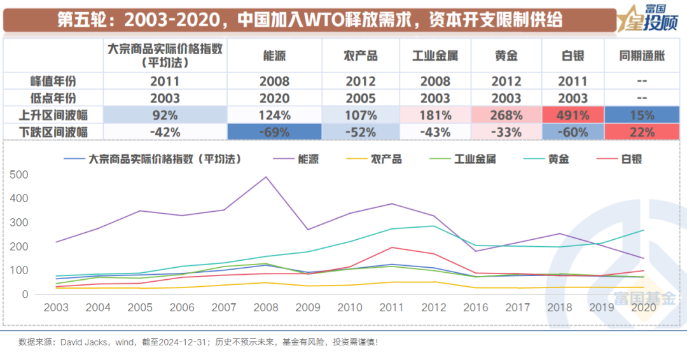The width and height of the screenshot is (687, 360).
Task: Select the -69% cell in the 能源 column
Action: pos(275,132)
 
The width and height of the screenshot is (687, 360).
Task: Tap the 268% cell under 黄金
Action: pos(506,115)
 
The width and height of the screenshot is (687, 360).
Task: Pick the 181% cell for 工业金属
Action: pos(435,115)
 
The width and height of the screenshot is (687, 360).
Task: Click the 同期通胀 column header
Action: pos(642,56)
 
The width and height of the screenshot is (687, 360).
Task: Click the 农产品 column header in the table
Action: pos(360,56)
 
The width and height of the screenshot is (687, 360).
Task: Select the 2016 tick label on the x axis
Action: pos(476,308)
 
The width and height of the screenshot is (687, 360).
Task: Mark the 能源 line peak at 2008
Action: pos(265,177)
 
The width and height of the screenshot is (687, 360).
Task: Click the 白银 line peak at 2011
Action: pos(392,247)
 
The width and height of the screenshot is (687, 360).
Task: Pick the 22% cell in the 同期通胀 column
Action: pos(642,132)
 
